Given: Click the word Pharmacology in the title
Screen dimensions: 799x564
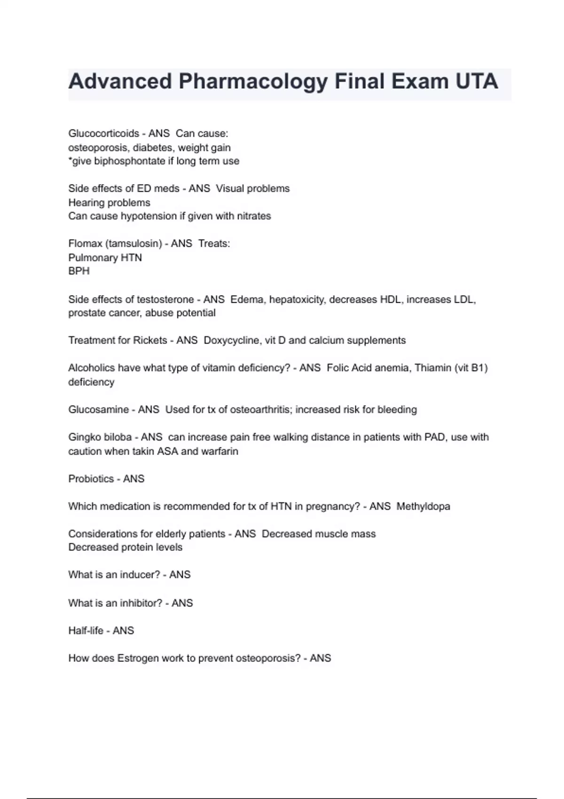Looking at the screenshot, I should click(252, 81).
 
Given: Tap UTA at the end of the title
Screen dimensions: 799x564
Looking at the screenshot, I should click(476, 81).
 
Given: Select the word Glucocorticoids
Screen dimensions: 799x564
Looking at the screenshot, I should click(103, 133).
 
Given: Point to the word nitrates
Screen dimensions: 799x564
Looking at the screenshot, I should click(252, 216).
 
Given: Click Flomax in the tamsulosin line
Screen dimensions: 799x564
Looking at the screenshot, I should click(85, 244).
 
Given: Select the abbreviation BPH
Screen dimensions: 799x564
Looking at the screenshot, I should click(78, 271).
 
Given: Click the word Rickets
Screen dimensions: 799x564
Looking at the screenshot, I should click(150, 340).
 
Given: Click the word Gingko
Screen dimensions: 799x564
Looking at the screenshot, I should click(84, 438).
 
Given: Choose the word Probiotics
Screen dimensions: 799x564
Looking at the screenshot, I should click(91, 479).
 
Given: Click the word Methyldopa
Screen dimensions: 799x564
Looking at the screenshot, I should click(423, 507).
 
